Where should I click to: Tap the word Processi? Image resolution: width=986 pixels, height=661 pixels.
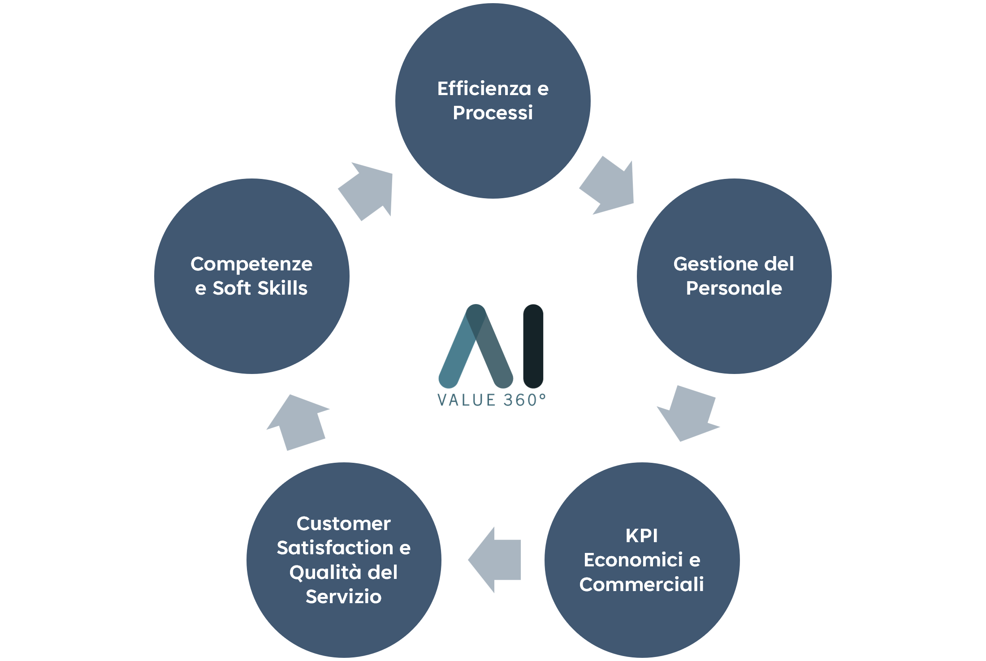[493, 113]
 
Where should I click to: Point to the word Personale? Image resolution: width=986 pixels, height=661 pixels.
[734, 288]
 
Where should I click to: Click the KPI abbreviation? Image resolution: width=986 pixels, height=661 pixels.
[641, 535]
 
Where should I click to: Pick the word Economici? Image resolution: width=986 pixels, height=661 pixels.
[633, 560]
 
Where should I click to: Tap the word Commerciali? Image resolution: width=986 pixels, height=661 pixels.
[641, 584]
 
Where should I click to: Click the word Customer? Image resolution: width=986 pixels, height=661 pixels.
[343, 524]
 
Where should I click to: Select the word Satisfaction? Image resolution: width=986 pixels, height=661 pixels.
[335, 548]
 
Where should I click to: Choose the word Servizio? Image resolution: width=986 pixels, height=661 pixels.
[343, 597]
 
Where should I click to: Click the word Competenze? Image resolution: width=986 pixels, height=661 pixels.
[251, 264]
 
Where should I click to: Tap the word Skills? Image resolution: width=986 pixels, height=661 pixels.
[282, 288]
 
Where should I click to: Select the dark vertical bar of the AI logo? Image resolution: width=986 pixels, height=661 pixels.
[533, 346]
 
